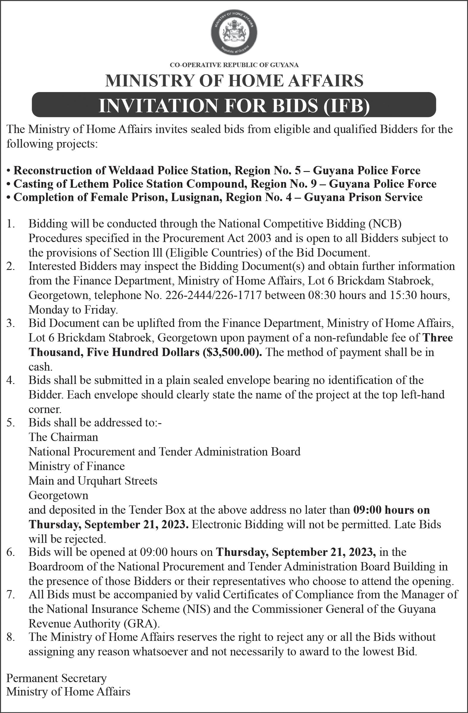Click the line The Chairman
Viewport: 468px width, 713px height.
(x=63, y=437)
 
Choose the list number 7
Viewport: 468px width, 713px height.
(x=10, y=595)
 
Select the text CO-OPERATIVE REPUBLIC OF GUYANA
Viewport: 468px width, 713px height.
(x=234, y=65)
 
